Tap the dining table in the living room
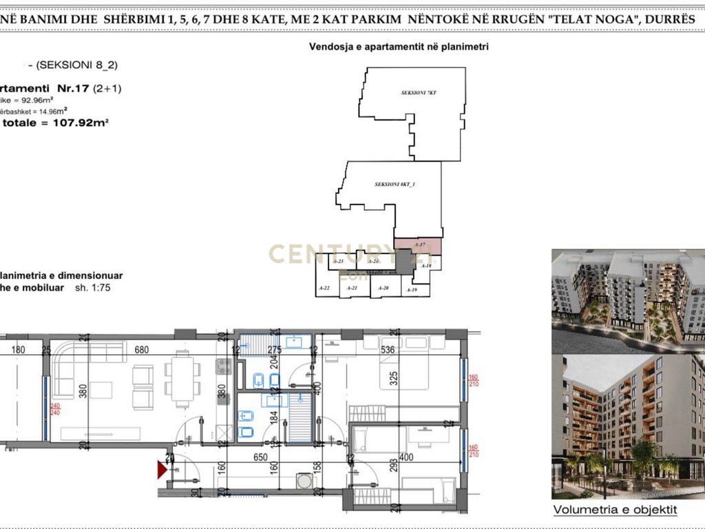coord(182,380)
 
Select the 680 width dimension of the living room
coord(142,350)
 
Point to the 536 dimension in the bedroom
coord(388,350)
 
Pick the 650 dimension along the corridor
coord(260,457)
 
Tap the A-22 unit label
coord(325,288)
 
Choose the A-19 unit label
coord(412,291)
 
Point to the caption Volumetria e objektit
coord(615,510)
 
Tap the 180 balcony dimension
coord(19,350)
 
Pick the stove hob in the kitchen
coord(222,368)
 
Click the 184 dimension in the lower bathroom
coord(274,417)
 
